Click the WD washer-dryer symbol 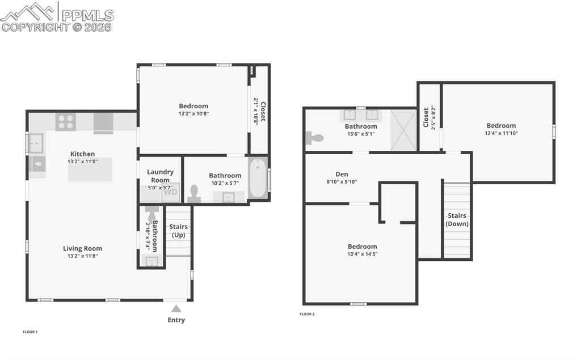pos(170,192)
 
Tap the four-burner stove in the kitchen pos(65,122)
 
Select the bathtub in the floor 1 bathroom pos(257,179)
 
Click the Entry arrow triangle pos(176,309)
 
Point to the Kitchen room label pos(82,154)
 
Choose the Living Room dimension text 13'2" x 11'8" pos(82,256)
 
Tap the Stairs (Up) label pos(179,231)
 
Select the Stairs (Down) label pos(457,219)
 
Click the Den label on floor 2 pos(342,174)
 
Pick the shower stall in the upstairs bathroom pos(403,130)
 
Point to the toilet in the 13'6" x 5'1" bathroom pos(314,137)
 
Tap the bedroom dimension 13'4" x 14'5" pos(362,254)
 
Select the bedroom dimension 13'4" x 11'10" pos(501,133)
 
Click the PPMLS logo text pos(87,15)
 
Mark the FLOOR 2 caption pos(307,314)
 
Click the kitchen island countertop pos(90,170)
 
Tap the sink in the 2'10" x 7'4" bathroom pos(151,261)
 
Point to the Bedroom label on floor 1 pos(193,105)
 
